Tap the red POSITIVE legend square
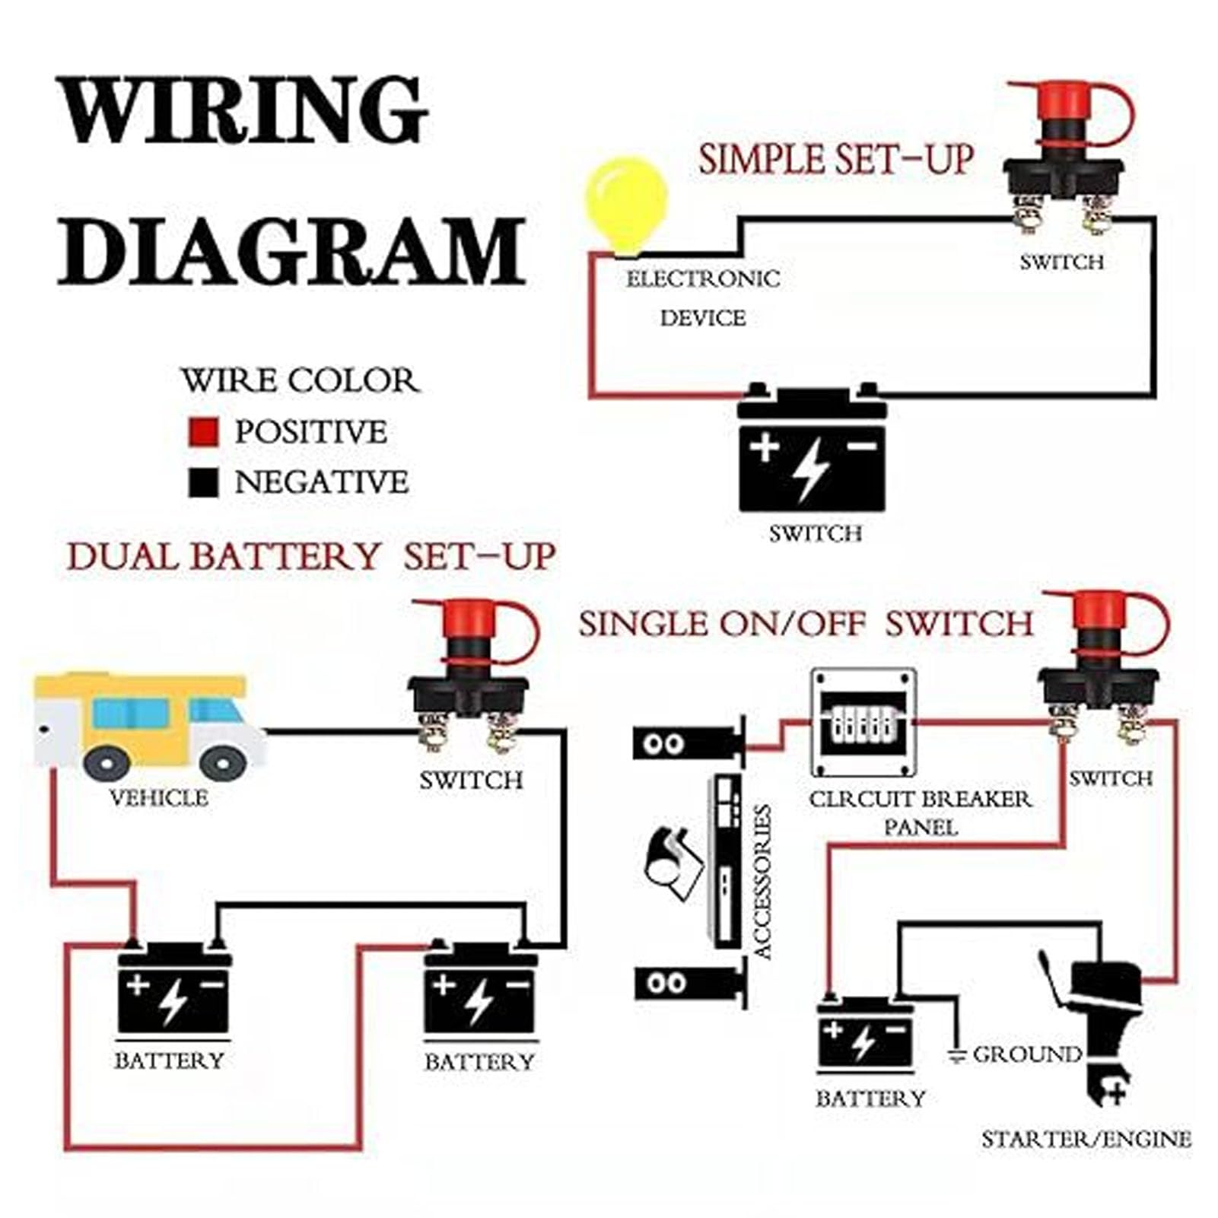click(x=203, y=432)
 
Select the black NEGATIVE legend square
click(x=203, y=482)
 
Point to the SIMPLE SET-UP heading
click(x=835, y=161)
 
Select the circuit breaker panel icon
click(x=863, y=723)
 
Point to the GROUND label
click(x=1026, y=1054)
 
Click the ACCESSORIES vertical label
click(x=762, y=882)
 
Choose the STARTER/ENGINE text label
click(x=1086, y=1139)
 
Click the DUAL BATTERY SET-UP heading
click(x=310, y=557)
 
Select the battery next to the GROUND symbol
click(x=865, y=1035)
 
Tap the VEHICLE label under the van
click(x=159, y=799)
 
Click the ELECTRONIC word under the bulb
click(x=703, y=279)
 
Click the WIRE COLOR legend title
click(x=300, y=380)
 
